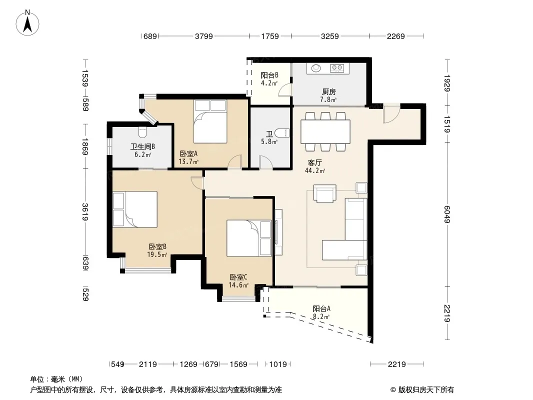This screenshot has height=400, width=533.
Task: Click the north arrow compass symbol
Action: pyautogui.click(x=27, y=23)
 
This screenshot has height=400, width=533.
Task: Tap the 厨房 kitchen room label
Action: pyautogui.click(x=328, y=92)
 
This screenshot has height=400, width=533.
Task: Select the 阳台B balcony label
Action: pyautogui.click(x=269, y=75)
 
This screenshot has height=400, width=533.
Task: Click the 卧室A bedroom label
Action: pyautogui.click(x=188, y=154)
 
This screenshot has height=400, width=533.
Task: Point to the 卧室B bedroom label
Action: pyautogui.click(x=157, y=246)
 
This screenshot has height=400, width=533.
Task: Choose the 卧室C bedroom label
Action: pyautogui.click(x=238, y=277)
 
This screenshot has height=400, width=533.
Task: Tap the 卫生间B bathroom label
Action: pyautogui.click(x=143, y=147)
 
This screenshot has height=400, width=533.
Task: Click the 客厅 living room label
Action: pyautogui.click(x=315, y=163)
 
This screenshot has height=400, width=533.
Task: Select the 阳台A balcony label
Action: pyautogui.click(x=321, y=309)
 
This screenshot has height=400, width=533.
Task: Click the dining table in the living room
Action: pyautogui.click(x=325, y=131)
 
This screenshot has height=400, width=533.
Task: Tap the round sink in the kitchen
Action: pyautogui.click(x=316, y=68)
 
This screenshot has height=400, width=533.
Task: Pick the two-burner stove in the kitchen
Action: pyautogui.click(x=337, y=68)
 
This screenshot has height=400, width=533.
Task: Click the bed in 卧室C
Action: pyautogui.click(x=249, y=238)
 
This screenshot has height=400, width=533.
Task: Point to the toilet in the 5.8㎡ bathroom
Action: pyautogui.click(x=282, y=133)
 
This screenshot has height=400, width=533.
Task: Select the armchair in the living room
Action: pyautogui.click(x=325, y=193)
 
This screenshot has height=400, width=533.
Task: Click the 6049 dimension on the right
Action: pyautogui.click(x=447, y=214)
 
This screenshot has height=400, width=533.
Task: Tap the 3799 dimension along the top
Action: pyautogui.click(x=204, y=36)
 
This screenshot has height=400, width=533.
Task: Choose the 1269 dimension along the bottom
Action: pyautogui.click(x=188, y=364)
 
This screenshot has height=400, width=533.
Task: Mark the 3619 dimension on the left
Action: pyautogui.click(x=85, y=212)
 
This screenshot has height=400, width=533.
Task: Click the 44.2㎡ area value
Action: pyautogui.click(x=315, y=170)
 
